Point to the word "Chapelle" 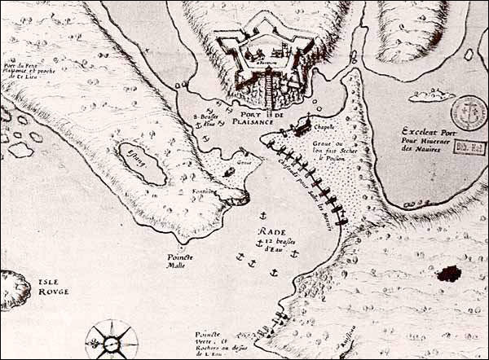(x=325, y=126)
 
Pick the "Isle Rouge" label (x=53, y=286)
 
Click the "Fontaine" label (x=205, y=192)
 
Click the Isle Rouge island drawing (x=11, y=290)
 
